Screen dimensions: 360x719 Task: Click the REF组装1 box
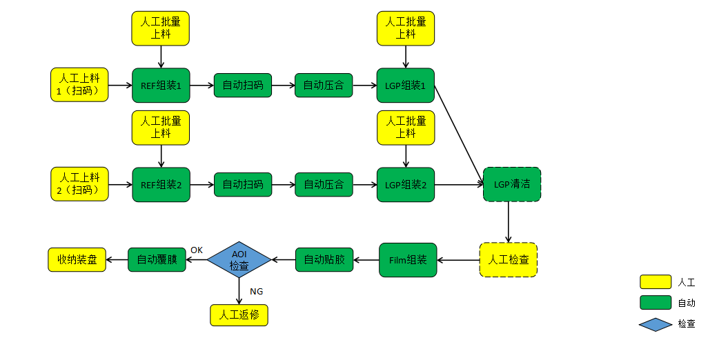[x=161, y=86]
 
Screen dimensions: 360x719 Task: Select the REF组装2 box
[x=161, y=185]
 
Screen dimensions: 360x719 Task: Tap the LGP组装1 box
[x=405, y=86]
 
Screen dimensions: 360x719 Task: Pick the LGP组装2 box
[x=405, y=185]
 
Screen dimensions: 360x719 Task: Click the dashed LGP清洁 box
[x=511, y=184]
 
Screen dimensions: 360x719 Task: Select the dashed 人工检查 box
[x=508, y=260]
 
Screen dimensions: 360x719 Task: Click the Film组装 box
[x=408, y=260]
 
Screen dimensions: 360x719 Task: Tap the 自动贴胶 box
[x=324, y=260]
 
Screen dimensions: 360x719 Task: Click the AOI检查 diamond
[x=239, y=260]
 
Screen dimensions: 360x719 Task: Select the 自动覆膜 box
[x=157, y=260]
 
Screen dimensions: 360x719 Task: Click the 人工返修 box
[x=239, y=315]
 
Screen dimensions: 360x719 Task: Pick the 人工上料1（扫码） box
[x=79, y=85]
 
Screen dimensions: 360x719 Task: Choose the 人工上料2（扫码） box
[x=79, y=184]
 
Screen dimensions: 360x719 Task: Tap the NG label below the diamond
[x=256, y=291]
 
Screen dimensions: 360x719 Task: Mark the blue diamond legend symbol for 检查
[x=655, y=323]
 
